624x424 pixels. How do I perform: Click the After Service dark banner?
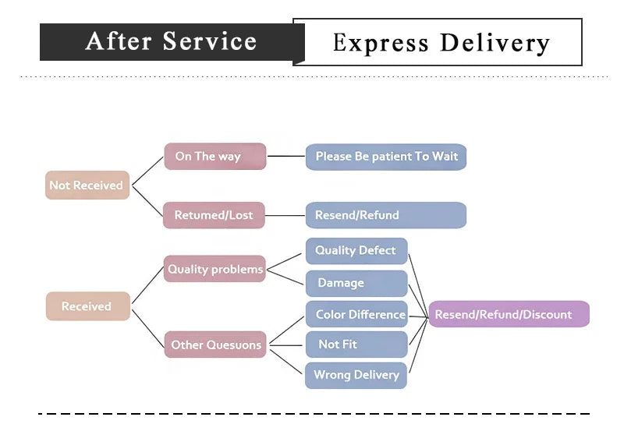[x=171, y=42]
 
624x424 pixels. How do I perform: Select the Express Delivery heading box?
[x=441, y=42]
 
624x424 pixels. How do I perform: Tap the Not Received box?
[x=87, y=185]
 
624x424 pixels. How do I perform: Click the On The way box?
[x=214, y=156]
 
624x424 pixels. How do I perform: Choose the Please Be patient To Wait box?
[x=386, y=157]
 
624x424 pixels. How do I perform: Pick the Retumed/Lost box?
[x=214, y=215]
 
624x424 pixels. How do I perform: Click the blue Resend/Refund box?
[x=386, y=215]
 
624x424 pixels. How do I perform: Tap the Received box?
[x=87, y=306]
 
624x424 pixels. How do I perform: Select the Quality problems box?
[x=214, y=269]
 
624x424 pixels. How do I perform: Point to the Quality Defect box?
[x=356, y=251]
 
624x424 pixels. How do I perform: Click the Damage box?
[x=356, y=283]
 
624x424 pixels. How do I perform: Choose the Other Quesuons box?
[x=215, y=344]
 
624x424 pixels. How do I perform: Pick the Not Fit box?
[x=356, y=344]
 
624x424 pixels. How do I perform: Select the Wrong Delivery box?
[x=356, y=375]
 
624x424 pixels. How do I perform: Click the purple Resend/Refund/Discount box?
[x=509, y=315]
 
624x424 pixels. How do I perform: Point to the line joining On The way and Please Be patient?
[x=285, y=156]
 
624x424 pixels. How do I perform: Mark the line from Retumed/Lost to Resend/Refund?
[x=285, y=215]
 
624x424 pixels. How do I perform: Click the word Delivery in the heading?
[x=495, y=42]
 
